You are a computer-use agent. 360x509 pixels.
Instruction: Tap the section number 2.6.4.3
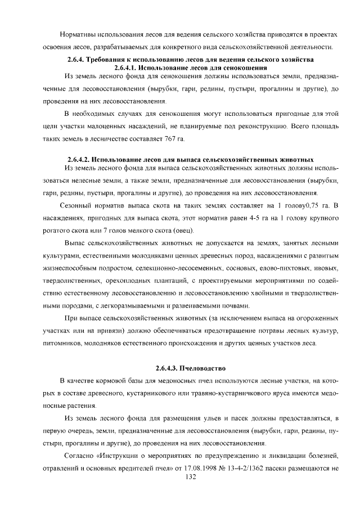[x=167, y=368]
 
